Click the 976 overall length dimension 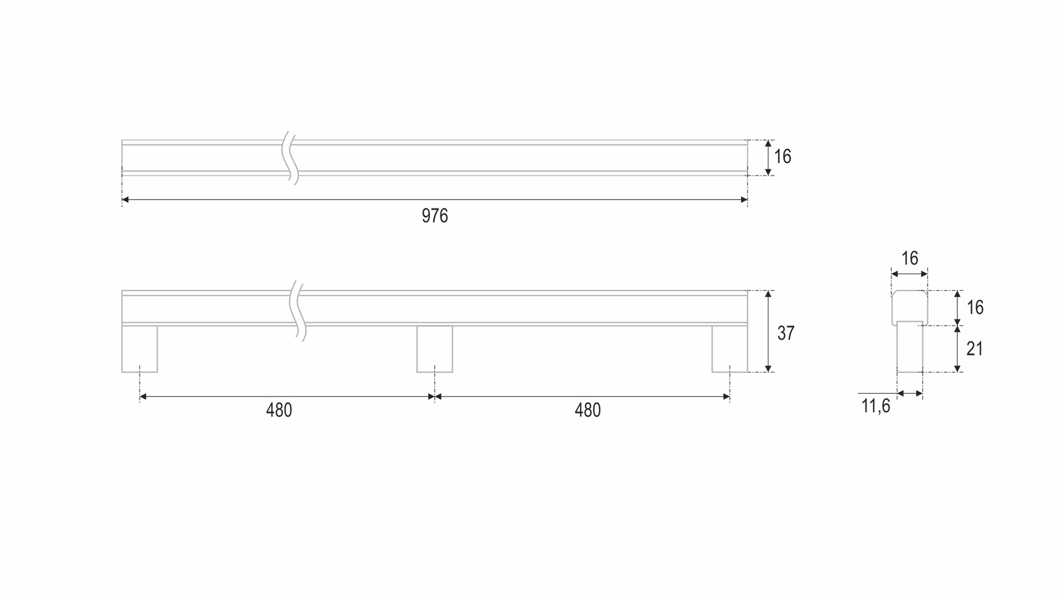pos(435,216)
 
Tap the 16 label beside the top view pos(782,157)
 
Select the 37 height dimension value pos(786,333)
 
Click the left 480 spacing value pos(279,410)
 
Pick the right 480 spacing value pos(588,410)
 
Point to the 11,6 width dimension pos(875,406)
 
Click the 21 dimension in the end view pos(974,349)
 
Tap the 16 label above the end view pos(909,258)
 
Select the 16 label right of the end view pos(975,307)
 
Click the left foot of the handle pos(140,349)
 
